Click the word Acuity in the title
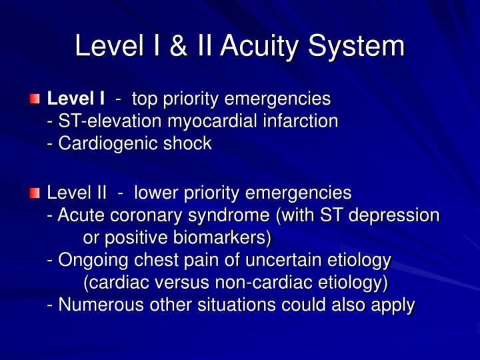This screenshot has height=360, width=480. coord(259,47)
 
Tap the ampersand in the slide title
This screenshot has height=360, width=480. coord(178,45)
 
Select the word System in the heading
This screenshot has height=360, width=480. coord(356,47)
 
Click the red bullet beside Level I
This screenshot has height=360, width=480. coord(35,99)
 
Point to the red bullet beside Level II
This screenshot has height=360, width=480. coord(35,193)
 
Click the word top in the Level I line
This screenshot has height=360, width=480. coord(145,100)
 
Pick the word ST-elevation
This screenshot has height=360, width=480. coord(109,121)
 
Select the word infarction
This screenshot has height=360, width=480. coord(301,121)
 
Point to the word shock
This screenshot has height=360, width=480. coord(187,143)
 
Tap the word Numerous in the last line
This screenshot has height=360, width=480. coord(101,305)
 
